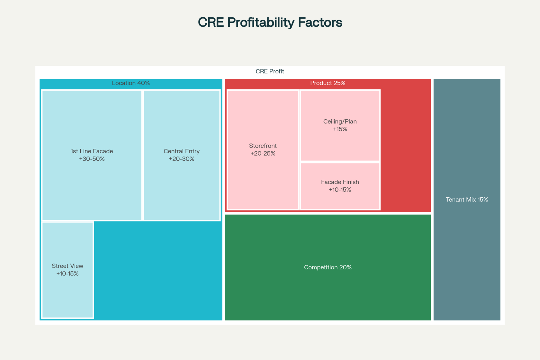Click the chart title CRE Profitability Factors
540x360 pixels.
pos(270,22)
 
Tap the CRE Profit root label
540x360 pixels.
pos(270,71)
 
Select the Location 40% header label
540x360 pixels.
pos(131,83)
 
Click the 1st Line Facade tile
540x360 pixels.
pos(92,155)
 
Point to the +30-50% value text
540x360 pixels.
pos(92,159)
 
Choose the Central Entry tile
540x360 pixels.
pos(182,155)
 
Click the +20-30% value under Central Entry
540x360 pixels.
pos(182,159)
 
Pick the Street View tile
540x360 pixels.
pos(67,270)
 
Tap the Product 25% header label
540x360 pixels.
pos(328,83)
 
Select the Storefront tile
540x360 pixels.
pos(263,150)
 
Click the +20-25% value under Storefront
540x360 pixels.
pos(263,154)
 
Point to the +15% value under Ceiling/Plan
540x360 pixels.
pos(340,129)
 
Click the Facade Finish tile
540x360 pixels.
pos(340,186)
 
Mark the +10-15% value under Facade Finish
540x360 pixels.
pos(340,190)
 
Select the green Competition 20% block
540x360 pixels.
pos(328,267)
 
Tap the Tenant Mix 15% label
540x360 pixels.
pos(467,200)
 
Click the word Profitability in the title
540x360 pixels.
pos(261,22)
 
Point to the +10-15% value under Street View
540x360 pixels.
pos(67,274)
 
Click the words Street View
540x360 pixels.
pos(67,266)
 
